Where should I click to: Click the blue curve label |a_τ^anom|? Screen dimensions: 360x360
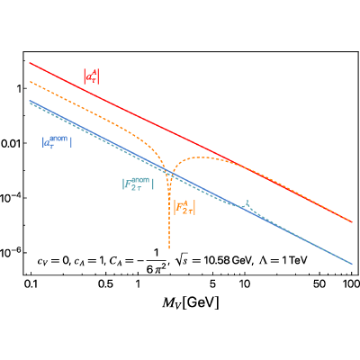click(57, 142)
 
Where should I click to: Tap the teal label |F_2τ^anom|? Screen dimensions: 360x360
click(138, 184)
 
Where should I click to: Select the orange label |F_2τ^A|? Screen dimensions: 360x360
click(184, 208)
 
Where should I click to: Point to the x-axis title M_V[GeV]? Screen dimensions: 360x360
click(191, 303)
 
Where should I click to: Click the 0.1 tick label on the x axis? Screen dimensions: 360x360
click(31, 283)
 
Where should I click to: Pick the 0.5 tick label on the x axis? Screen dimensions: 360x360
click(106, 283)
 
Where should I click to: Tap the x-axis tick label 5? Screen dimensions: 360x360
click(212, 283)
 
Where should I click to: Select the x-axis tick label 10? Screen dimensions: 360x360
click(245, 283)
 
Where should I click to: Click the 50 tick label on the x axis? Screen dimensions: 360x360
click(319, 283)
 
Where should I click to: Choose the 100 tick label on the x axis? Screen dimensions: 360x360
click(352, 283)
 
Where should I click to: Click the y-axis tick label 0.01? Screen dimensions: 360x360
click(10, 144)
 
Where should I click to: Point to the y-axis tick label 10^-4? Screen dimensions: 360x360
click(10, 198)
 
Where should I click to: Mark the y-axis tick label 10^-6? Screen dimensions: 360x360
click(10, 252)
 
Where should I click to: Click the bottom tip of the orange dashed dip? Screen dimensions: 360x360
click(169, 248)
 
